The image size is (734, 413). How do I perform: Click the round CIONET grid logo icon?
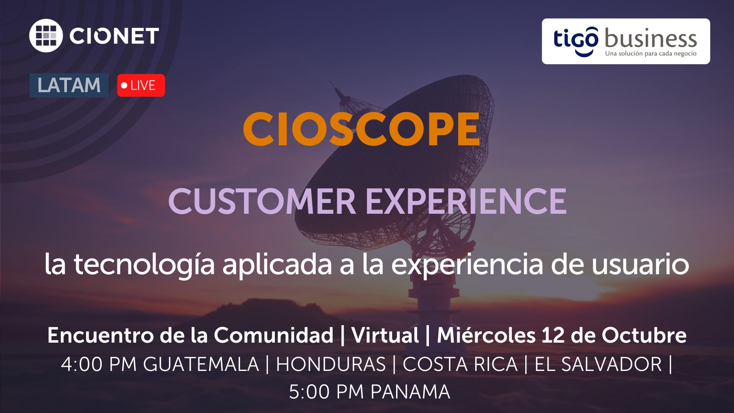tap(46, 36)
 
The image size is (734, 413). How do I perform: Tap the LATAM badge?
tap(69, 85)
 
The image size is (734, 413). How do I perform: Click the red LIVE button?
tap(141, 85)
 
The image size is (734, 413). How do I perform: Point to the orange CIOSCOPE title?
tap(362, 129)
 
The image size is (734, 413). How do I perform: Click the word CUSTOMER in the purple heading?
tap(262, 201)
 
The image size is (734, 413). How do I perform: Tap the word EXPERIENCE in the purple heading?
tap(466, 201)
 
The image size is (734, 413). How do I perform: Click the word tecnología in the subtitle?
tap(144, 265)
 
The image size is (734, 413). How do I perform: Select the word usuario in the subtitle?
tap(640, 265)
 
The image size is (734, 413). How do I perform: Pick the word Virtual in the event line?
tap(385, 335)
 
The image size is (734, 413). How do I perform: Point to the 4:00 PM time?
tap(99, 364)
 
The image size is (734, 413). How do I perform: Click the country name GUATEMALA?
tap(201, 364)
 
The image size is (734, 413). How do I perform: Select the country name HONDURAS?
tap(331, 364)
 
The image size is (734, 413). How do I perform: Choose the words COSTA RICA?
tap(460, 364)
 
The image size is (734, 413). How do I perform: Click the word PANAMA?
tap(410, 392)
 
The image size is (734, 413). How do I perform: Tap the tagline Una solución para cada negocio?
tap(651, 54)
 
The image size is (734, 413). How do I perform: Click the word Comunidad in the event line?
tap(273, 335)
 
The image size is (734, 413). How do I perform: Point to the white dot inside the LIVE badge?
tap(124, 85)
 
